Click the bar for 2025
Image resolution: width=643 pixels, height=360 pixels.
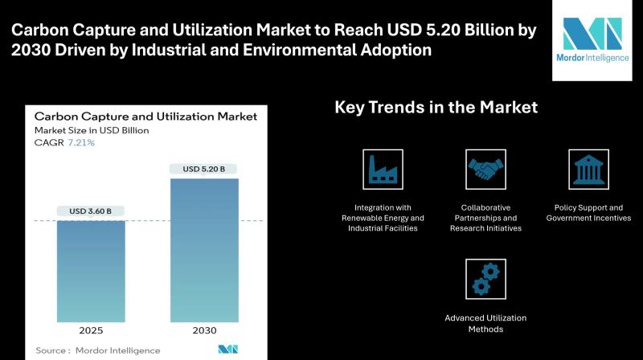[91, 272]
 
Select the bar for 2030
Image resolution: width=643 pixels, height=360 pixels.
[204, 250]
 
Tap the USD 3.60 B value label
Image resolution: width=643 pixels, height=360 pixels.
[90, 211]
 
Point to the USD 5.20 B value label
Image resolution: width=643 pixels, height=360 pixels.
[204, 169]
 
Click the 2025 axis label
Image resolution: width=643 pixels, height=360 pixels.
[91, 330]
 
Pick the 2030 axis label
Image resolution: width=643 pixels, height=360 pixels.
[204, 330]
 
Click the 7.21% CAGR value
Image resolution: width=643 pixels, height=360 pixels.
[81, 143]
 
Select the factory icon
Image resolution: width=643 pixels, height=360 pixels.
[383, 170]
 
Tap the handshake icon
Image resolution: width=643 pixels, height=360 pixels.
[485, 170]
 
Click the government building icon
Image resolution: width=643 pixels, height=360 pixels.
[588, 170]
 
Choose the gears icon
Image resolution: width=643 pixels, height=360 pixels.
[485, 279]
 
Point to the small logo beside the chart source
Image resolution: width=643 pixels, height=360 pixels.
[228, 350]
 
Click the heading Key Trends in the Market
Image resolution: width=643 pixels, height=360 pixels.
[436, 108]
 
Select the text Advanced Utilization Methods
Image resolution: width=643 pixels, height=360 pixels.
[485, 324]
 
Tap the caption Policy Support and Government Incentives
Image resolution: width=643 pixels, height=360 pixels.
[588, 213]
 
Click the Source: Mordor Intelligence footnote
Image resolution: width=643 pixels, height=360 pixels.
[97, 350]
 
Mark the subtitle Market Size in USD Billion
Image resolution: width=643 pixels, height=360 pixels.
[92, 130]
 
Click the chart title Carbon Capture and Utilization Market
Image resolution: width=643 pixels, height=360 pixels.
[145, 117]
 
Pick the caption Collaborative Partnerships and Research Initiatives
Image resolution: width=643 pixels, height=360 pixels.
[485, 218]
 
